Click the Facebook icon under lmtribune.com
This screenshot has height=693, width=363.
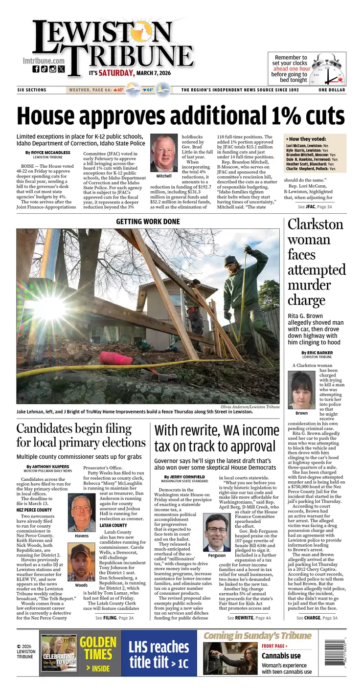pos(36,69)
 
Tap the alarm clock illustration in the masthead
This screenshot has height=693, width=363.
pos(328,69)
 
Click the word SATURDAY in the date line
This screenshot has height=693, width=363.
pos(116,73)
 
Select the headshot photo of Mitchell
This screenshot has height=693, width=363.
pos(163,153)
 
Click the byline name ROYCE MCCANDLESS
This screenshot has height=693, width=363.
pos(50,153)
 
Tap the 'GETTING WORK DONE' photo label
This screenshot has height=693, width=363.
pos(148,222)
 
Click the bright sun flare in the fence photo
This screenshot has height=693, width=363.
pos(49,308)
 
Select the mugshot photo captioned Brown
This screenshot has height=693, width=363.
pos(301,390)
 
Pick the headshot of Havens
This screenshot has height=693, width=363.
pos(82,513)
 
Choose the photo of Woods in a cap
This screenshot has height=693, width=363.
pos(82,562)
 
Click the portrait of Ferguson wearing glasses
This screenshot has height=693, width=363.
pos(217,533)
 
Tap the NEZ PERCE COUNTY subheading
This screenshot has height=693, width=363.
pos(34,510)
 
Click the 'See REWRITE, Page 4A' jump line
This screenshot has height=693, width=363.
pos(249,618)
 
